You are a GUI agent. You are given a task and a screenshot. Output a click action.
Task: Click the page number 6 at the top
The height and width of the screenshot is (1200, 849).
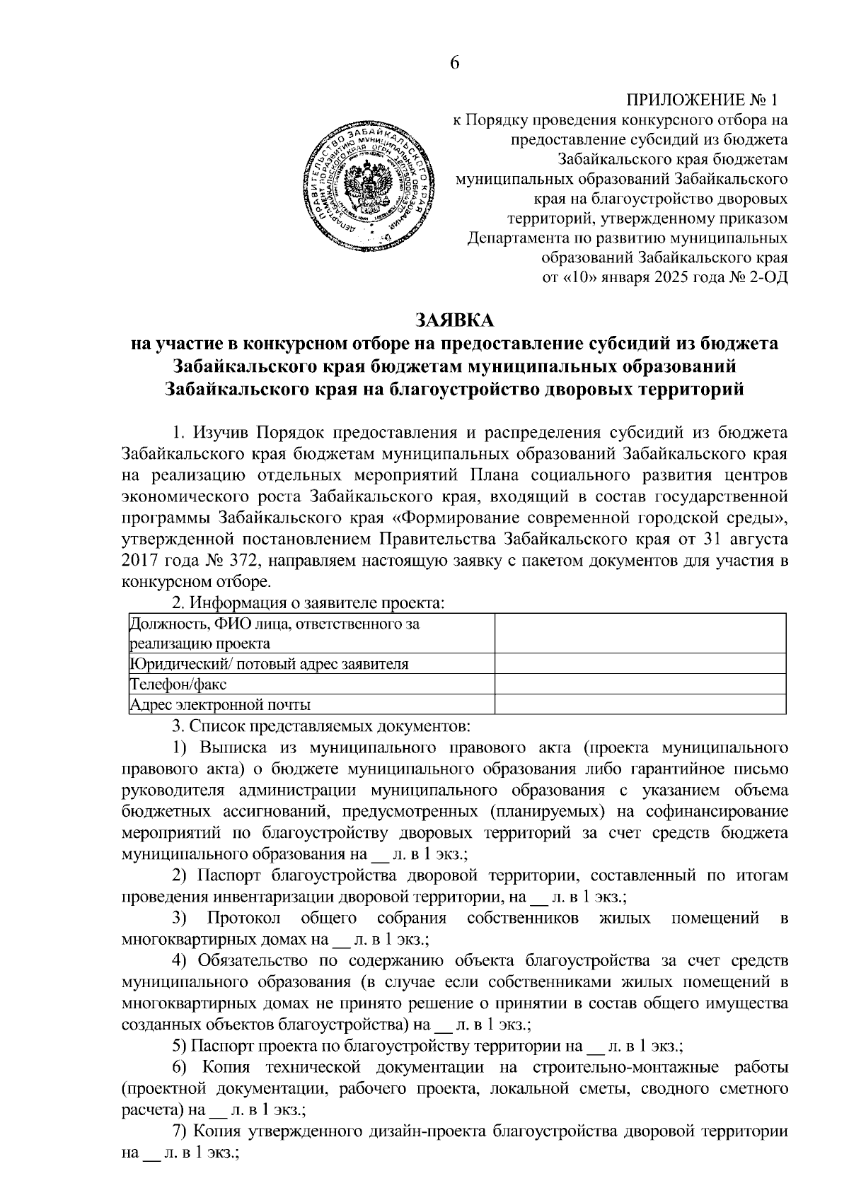(455, 62)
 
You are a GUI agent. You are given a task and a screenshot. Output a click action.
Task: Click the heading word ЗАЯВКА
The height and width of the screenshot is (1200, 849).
(454, 320)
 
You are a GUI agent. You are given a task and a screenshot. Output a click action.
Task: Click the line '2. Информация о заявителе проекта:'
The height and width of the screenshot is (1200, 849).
(308, 603)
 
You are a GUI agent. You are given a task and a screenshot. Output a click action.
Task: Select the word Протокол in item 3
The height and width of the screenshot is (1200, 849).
(244, 919)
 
